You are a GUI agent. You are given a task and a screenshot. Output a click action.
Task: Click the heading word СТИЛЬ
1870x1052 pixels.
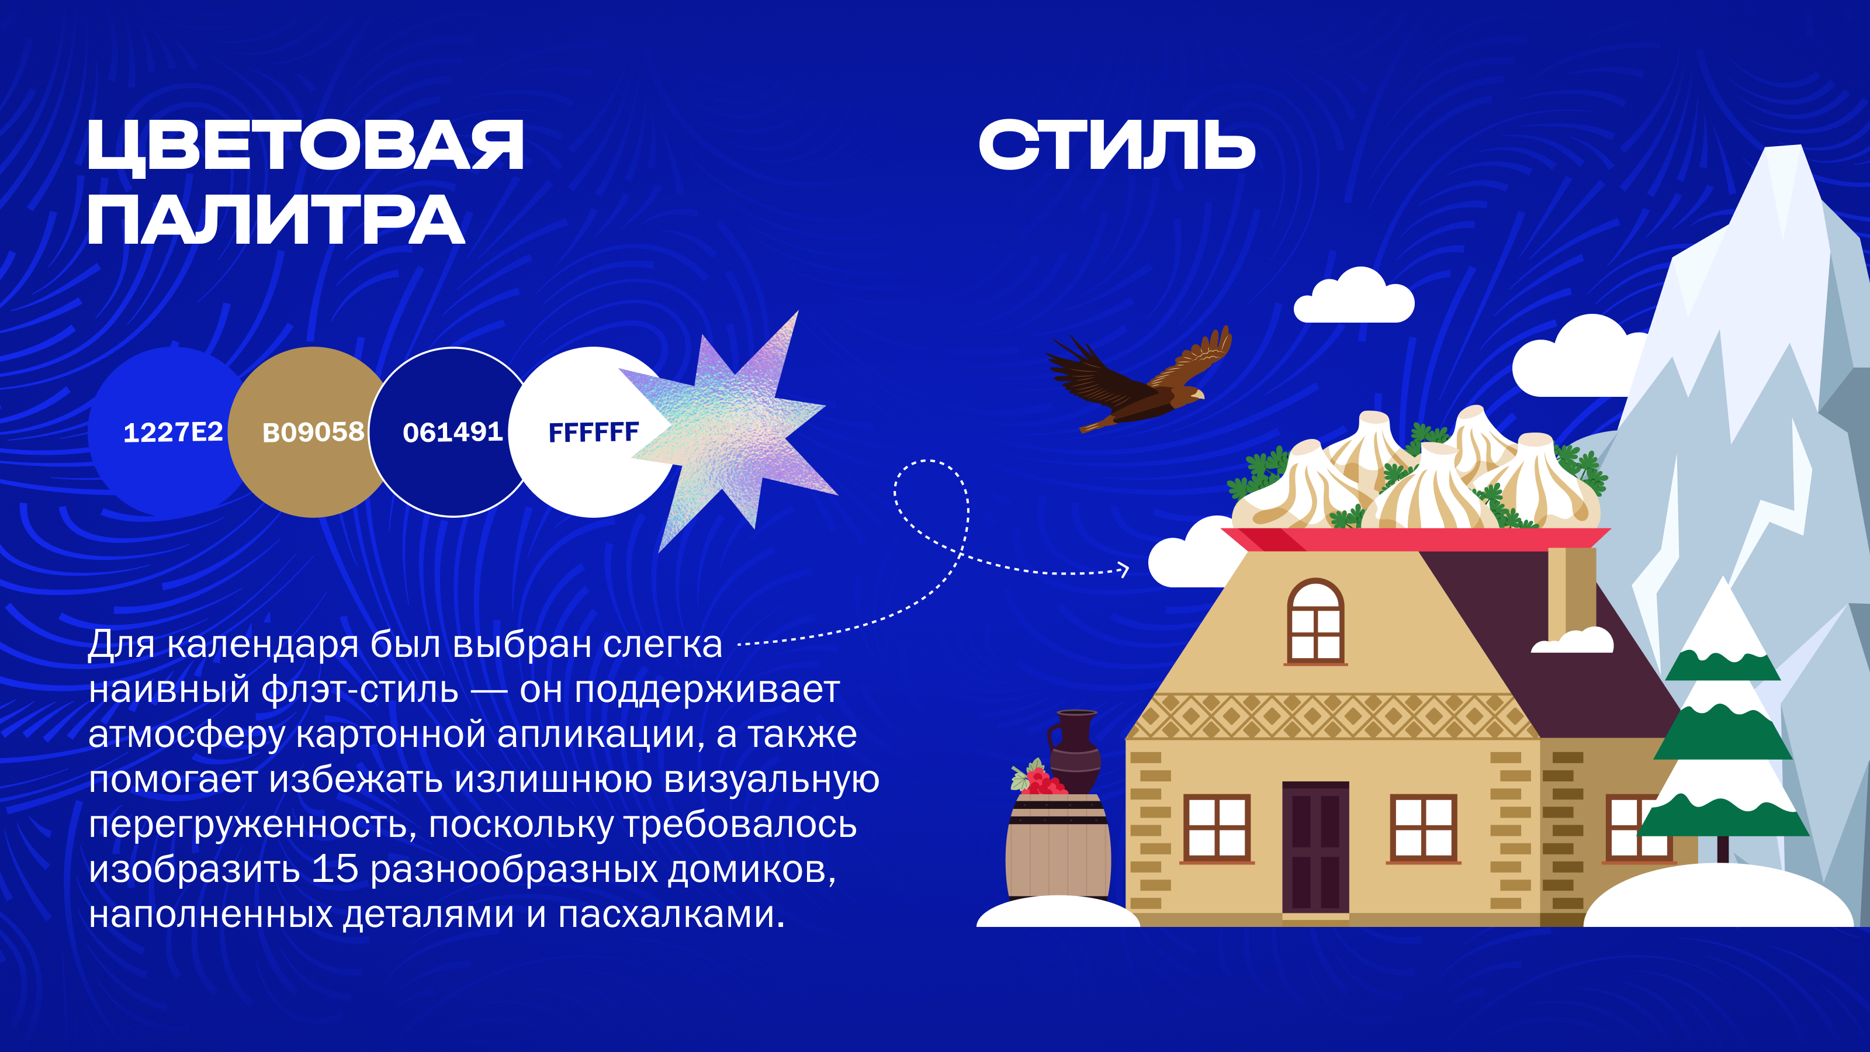click(1117, 145)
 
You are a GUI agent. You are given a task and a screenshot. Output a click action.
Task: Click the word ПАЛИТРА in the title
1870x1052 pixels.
click(276, 220)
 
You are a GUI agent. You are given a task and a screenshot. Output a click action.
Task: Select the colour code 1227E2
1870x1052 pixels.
click(173, 432)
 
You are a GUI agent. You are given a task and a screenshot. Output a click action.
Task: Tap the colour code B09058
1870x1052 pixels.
click(313, 432)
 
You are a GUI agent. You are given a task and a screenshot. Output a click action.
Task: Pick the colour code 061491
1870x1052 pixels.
click(453, 432)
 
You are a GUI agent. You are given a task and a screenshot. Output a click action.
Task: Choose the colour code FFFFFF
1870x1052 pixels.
click(593, 432)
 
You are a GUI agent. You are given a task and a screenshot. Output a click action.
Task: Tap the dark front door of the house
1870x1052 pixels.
click(1315, 847)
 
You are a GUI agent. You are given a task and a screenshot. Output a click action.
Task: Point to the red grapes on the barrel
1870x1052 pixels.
click(1040, 779)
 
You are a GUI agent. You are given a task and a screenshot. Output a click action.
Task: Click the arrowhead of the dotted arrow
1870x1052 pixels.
click(1124, 570)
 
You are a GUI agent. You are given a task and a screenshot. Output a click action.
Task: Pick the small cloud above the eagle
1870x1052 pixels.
click(1354, 296)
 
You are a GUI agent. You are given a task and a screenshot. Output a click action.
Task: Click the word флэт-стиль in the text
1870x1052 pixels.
click(360, 690)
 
